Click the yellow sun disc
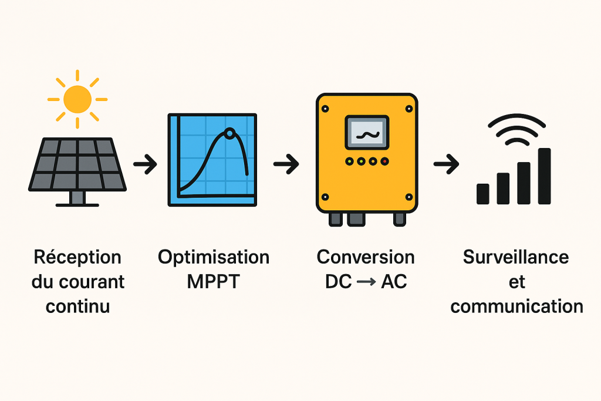click(x=77, y=99)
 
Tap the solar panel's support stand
click(x=77, y=198)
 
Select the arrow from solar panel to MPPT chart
click(x=145, y=165)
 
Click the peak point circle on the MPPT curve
click(x=229, y=133)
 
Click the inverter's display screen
click(x=366, y=132)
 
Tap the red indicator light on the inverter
click(x=384, y=161)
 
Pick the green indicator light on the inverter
click(x=349, y=161)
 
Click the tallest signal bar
click(x=545, y=176)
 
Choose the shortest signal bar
click(x=483, y=193)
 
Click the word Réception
click(x=77, y=257)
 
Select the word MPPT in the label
click(x=214, y=281)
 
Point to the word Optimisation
click(x=214, y=257)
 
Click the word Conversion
click(x=366, y=257)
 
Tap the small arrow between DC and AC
click(x=366, y=282)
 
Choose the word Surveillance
click(x=516, y=257)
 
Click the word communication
click(x=516, y=306)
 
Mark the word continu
click(x=77, y=306)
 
